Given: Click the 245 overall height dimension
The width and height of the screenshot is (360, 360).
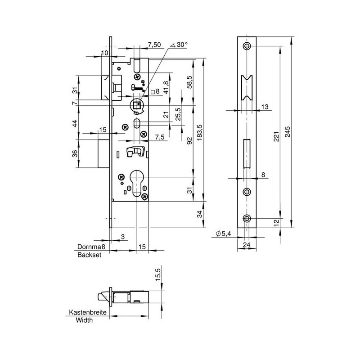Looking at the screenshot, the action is (288, 131).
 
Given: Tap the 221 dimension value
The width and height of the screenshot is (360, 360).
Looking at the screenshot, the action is (276, 136).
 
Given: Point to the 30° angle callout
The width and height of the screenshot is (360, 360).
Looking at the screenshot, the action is (179, 45).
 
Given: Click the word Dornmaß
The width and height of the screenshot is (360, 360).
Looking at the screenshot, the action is (91, 247).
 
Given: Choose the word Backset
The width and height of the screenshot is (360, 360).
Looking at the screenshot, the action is (89, 255).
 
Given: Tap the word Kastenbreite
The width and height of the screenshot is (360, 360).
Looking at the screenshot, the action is (88, 312).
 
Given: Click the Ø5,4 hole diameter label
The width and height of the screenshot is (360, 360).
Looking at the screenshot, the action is (223, 234).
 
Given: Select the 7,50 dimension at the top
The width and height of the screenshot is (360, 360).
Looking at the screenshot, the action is (154, 45).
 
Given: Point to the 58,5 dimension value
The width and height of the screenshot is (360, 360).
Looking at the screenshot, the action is (189, 82).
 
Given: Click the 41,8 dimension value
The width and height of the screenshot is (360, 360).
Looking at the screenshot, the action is (166, 87).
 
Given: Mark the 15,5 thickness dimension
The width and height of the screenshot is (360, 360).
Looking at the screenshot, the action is (158, 273).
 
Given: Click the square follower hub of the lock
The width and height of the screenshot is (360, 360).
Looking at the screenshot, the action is (138, 105).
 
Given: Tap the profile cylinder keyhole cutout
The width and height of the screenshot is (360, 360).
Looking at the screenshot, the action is (137, 183).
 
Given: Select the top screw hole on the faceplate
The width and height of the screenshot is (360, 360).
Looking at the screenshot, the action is (247, 46).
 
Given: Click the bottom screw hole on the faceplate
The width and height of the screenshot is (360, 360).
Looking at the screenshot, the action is (247, 218).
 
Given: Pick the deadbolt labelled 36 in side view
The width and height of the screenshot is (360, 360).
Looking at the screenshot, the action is (103, 153).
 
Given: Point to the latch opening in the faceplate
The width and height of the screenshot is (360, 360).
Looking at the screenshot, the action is (247, 88).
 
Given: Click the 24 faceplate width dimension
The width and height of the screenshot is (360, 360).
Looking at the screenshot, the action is (247, 245).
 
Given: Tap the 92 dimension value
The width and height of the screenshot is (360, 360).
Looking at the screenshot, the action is (189, 141).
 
